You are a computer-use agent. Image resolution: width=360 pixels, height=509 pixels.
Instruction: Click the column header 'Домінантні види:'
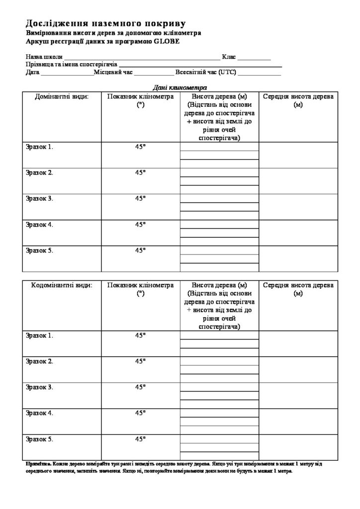coord(62,96)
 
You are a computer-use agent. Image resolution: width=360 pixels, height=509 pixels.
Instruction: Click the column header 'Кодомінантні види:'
coord(62,285)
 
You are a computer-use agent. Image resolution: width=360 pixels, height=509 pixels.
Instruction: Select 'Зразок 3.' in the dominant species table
coord(39,198)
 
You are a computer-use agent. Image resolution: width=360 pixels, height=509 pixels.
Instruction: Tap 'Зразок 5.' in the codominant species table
coord(39,439)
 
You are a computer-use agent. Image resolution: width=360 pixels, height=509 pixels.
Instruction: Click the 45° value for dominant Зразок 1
coord(140,147)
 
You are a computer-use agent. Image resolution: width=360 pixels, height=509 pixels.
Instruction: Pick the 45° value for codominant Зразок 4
coord(140,413)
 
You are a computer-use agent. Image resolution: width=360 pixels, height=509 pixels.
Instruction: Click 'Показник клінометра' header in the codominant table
coord(140,285)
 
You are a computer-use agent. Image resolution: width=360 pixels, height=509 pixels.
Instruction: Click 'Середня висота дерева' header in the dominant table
coord(298,96)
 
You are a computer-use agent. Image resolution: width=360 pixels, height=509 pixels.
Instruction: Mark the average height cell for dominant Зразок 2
coord(298,181)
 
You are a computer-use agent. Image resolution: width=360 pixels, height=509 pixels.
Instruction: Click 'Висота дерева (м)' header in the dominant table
coord(219,96)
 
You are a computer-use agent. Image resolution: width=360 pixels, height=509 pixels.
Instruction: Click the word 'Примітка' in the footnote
coord(36,463)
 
